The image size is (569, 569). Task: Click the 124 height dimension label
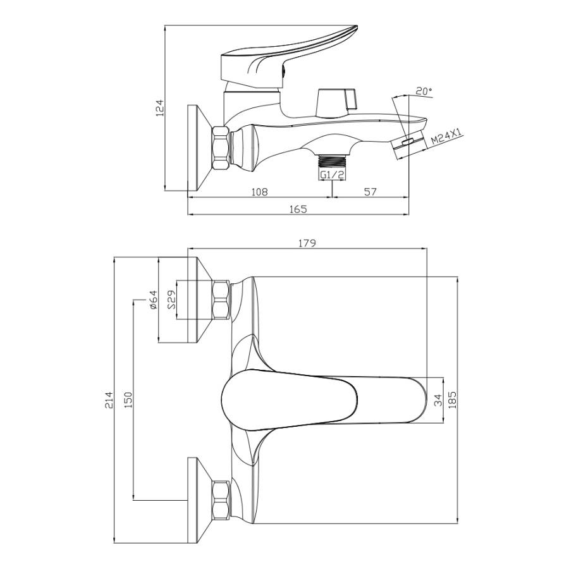[x=160, y=108]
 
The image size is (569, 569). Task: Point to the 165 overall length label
[x=298, y=209]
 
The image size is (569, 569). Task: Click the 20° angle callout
[x=424, y=91]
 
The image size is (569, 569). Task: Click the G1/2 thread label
[x=332, y=175]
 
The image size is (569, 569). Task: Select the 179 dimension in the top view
[x=307, y=243]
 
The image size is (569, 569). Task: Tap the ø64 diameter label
[x=153, y=300]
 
